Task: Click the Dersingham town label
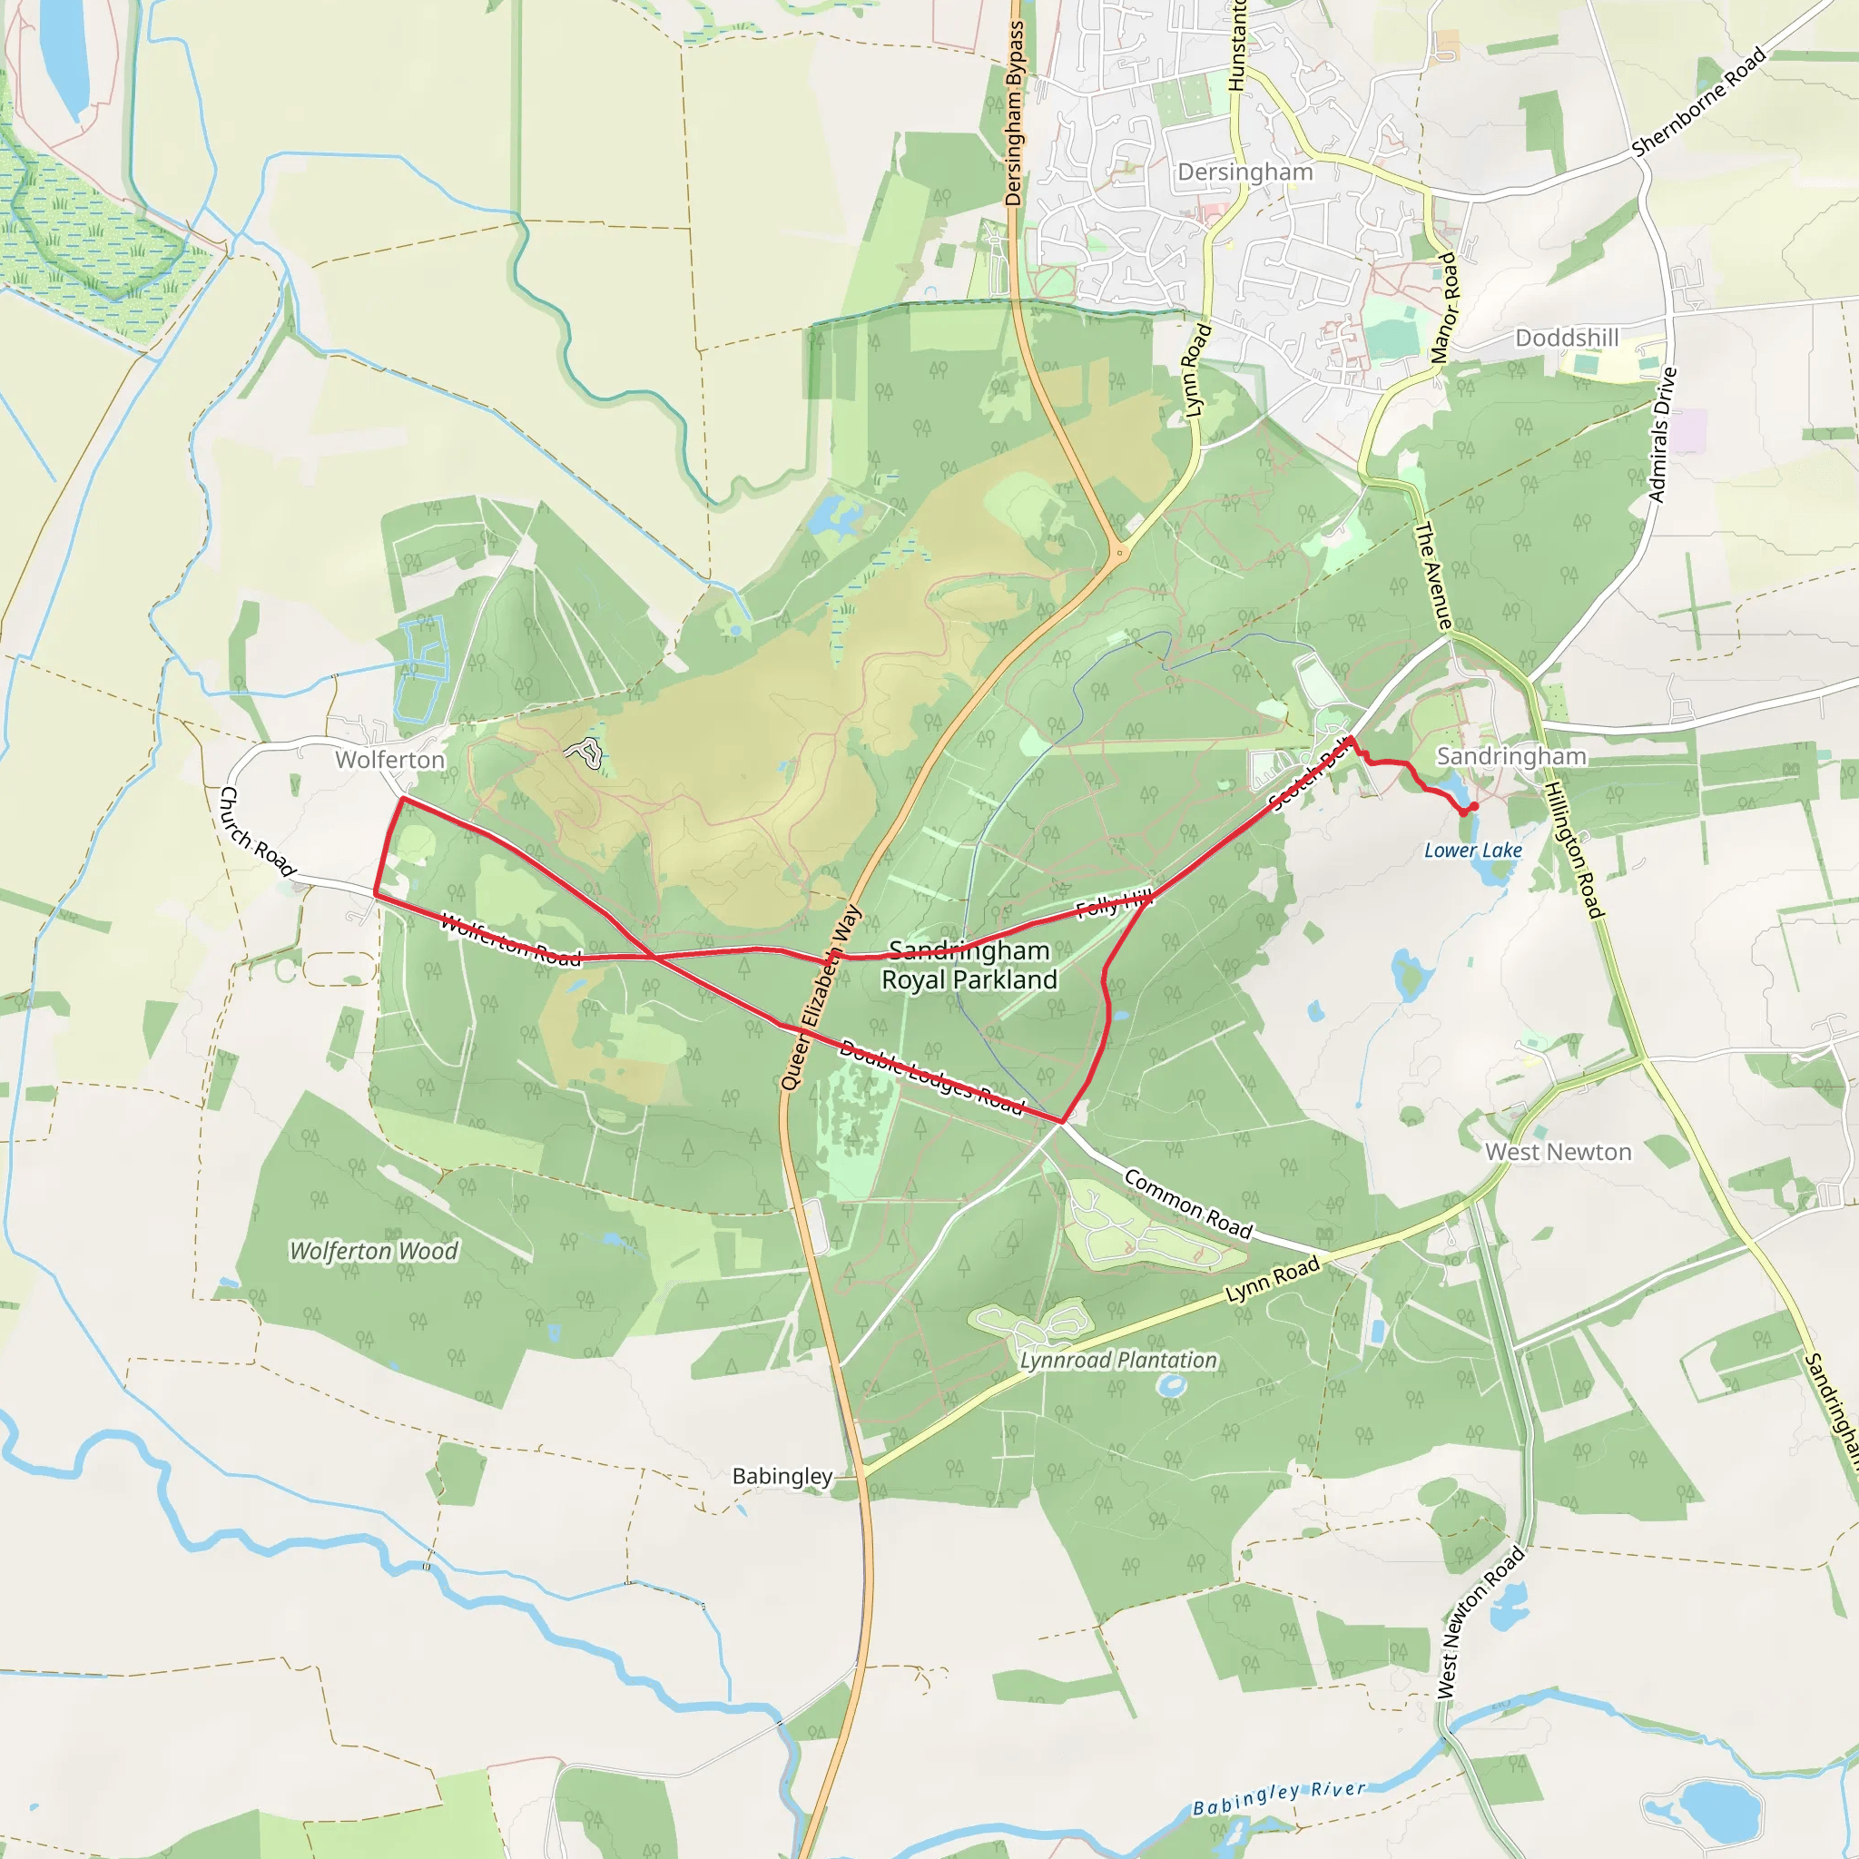pyautogui.click(x=1245, y=172)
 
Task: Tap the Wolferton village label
pyautogui.click(x=389, y=760)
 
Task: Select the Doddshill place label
pyautogui.click(x=1567, y=338)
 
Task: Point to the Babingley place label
pyautogui.click(x=782, y=1476)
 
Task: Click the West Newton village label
pyautogui.click(x=1558, y=1152)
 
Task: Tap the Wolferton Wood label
pyautogui.click(x=374, y=1251)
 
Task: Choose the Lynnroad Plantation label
pyautogui.click(x=1118, y=1360)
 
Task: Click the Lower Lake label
pyautogui.click(x=1472, y=851)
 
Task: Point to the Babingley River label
pyautogui.click(x=1279, y=1797)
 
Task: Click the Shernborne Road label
pyautogui.click(x=1699, y=101)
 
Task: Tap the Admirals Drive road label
pyautogui.click(x=1662, y=435)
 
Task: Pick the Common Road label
pyautogui.click(x=1188, y=1204)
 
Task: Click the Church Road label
pyautogui.click(x=256, y=831)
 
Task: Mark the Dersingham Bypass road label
pyautogui.click(x=1014, y=113)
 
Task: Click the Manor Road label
pyautogui.click(x=1444, y=308)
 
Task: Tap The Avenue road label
pyautogui.click(x=1432, y=576)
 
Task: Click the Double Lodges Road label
pyautogui.click(x=931, y=1077)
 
